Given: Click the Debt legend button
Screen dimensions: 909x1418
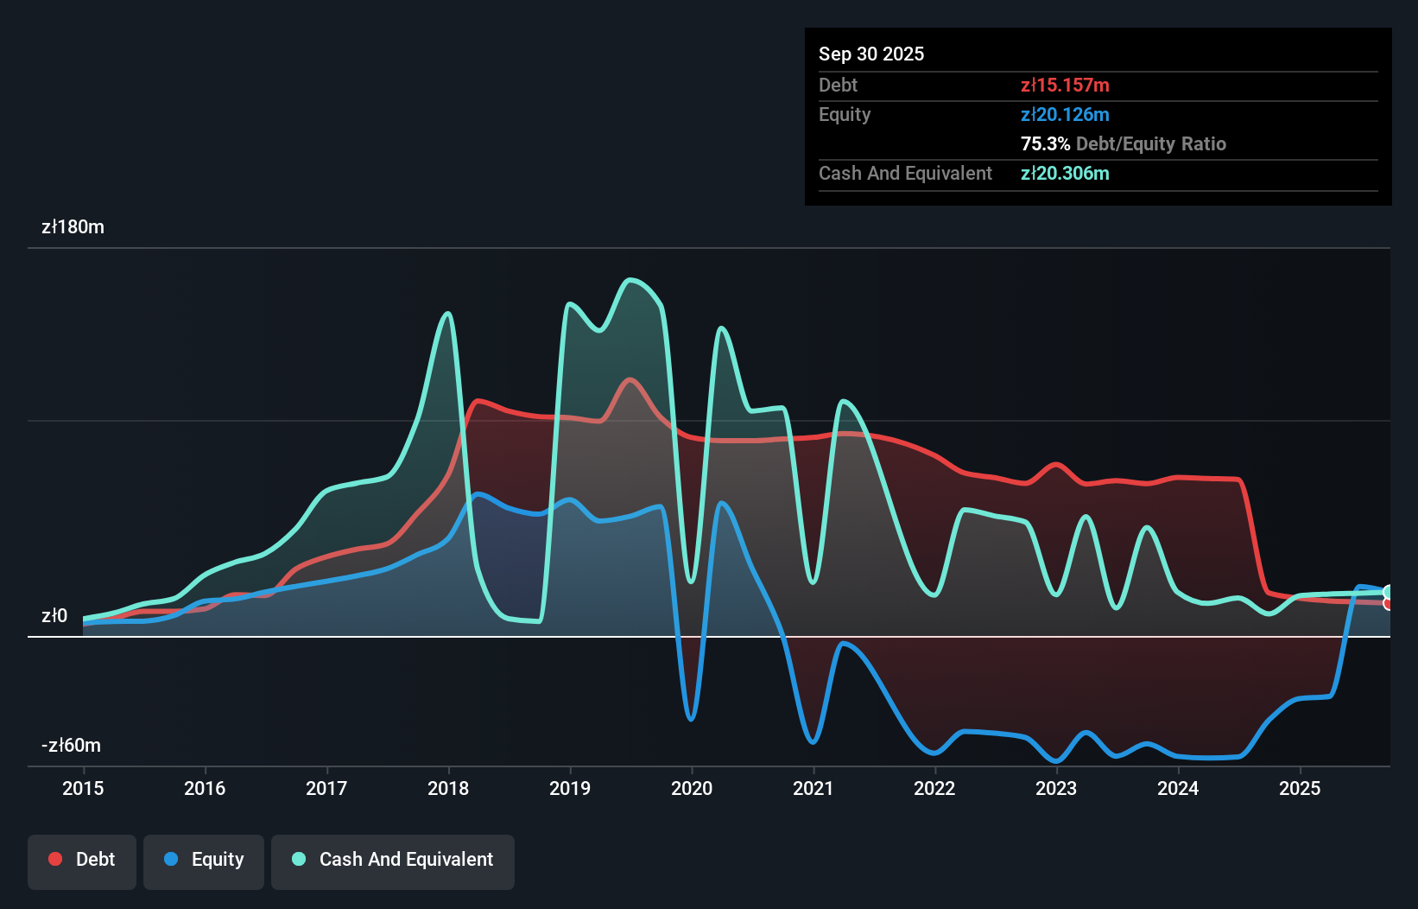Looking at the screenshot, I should tap(82, 861).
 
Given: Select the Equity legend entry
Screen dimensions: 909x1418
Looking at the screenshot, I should tap(204, 861).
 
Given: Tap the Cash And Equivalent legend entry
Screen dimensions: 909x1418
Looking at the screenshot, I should tap(393, 861).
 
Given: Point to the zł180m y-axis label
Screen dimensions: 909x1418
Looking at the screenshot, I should tap(73, 227).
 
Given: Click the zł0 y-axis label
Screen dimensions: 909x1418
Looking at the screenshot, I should tap(54, 616).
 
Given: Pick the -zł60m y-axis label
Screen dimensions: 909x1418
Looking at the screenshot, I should tap(71, 746).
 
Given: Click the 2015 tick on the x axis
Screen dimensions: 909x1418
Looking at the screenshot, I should tap(83, 788).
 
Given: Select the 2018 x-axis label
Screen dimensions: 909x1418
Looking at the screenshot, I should tap(448, 788).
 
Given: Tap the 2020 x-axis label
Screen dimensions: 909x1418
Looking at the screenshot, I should tap(692, 788).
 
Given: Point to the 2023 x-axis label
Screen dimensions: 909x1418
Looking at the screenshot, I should tap(1056, 788).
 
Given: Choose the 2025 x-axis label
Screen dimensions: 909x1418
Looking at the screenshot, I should tap(1300, 788).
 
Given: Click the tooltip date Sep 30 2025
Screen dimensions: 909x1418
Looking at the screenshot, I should tap(871, 54).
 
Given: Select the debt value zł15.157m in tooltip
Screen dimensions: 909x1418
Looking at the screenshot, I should tap(1065, 86).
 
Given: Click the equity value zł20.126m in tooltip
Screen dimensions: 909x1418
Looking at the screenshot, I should tap(1065, 115).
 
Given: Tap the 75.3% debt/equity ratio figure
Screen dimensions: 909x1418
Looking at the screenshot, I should tap(1045, 144).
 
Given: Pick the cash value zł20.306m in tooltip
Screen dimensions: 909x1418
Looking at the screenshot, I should tap(1065, 174).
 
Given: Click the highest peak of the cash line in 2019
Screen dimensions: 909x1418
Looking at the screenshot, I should tap(631, 279).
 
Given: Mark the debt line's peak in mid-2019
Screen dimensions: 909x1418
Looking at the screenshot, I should tap(630, 379).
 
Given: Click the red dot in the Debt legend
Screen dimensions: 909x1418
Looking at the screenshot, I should tap(55, 859).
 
